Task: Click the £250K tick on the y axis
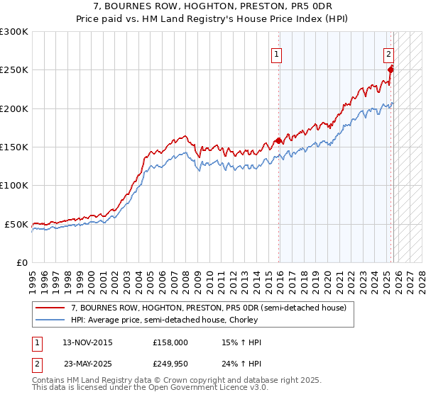(x=14, y=70)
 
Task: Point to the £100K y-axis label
(x=14, y=185)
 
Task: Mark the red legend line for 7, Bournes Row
(x=50, y=308)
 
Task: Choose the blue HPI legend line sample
(x=50, y=320)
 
